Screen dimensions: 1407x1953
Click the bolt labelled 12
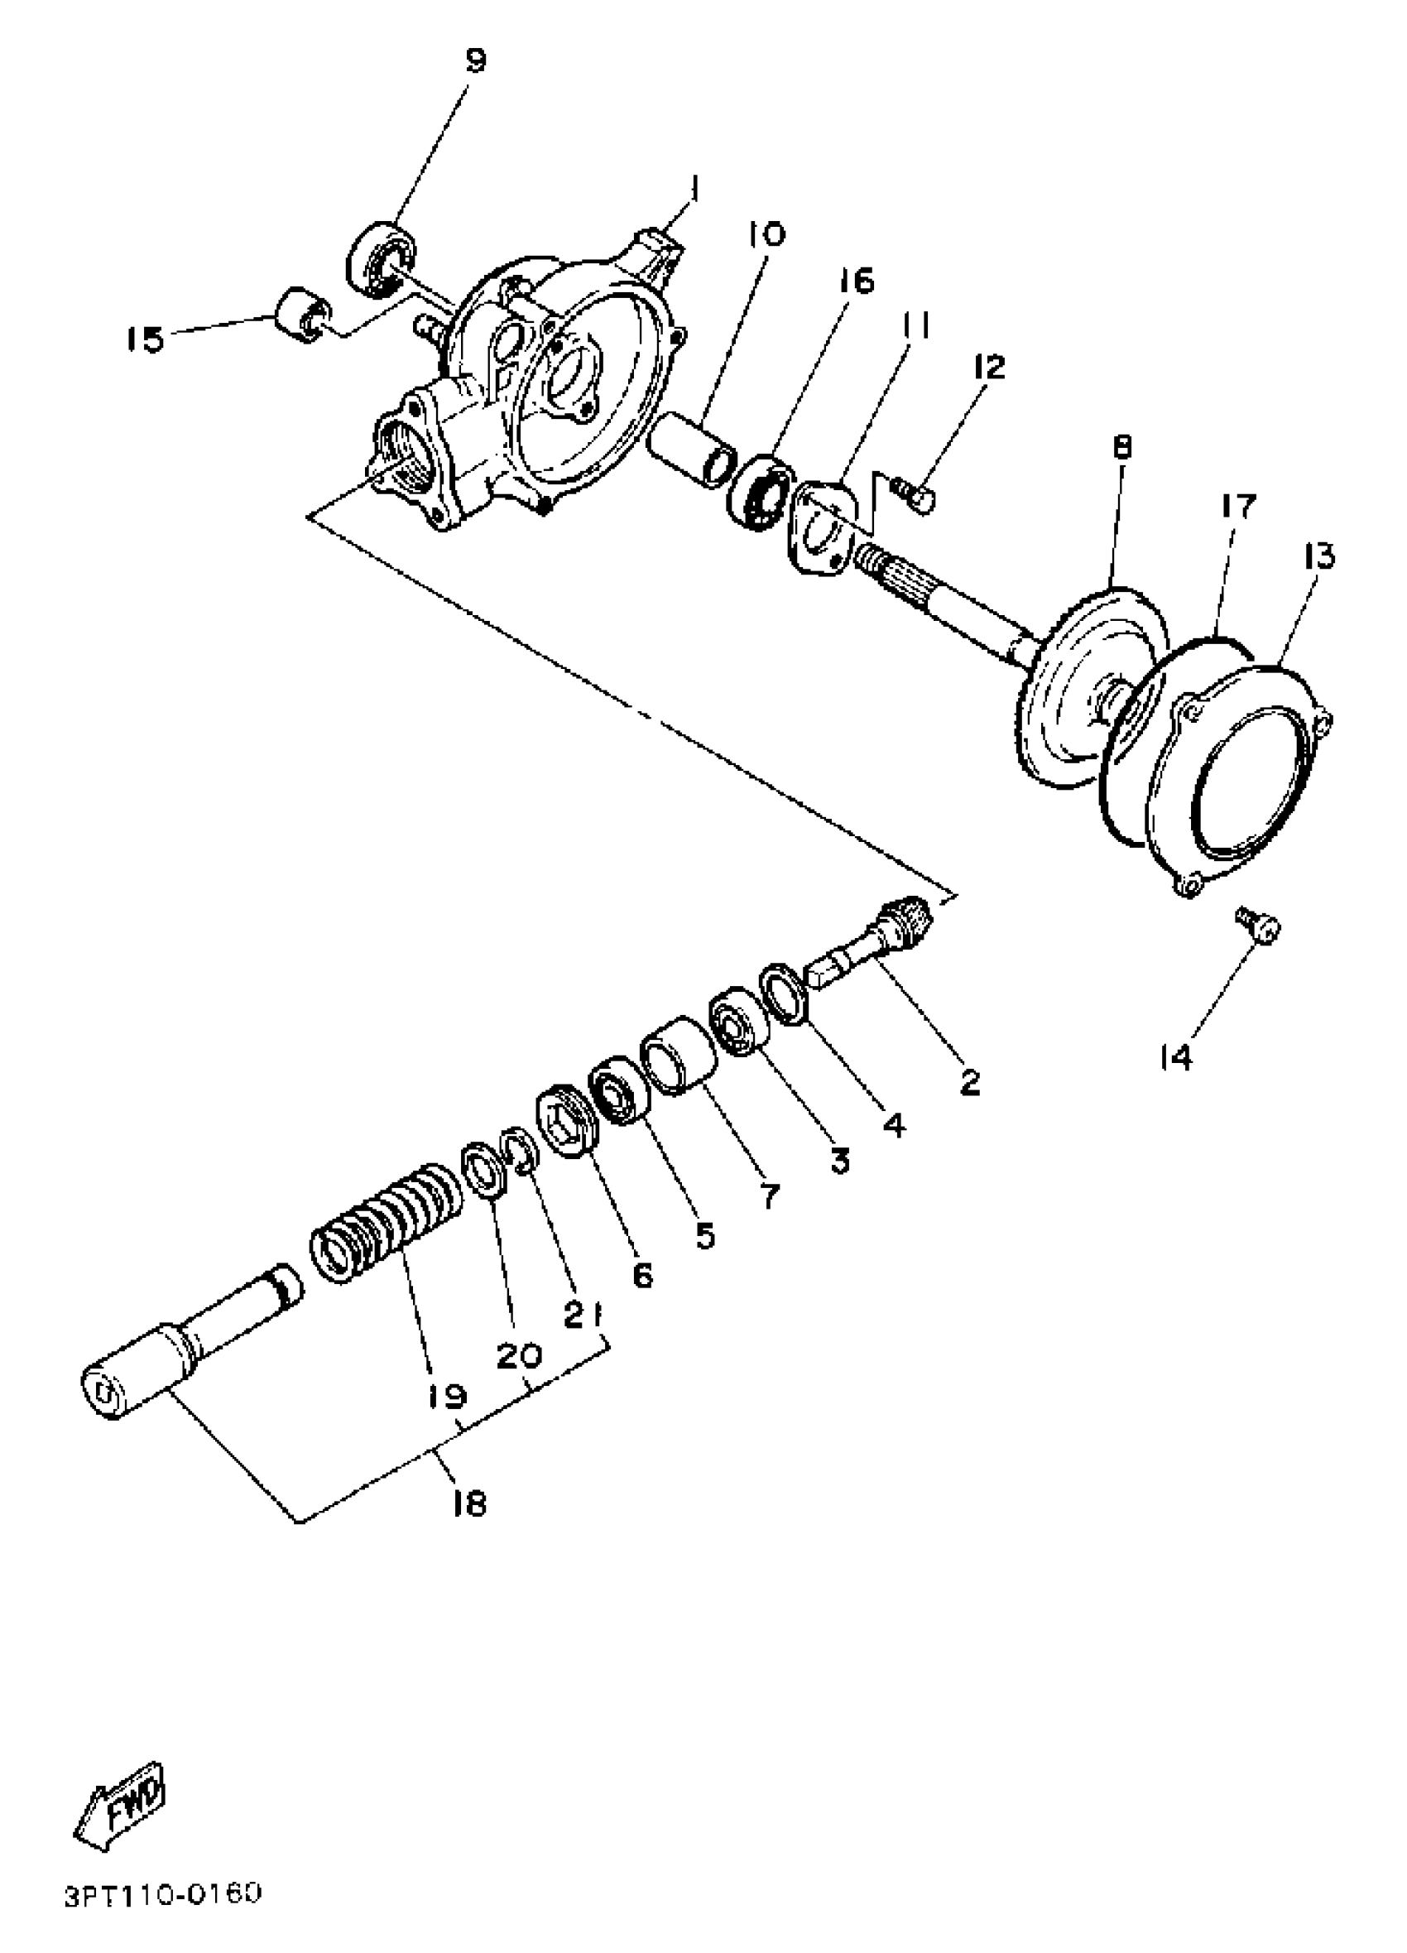coord(915,493)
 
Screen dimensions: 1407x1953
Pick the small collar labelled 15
coord(302,316)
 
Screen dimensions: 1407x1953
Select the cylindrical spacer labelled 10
coord(692,450)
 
